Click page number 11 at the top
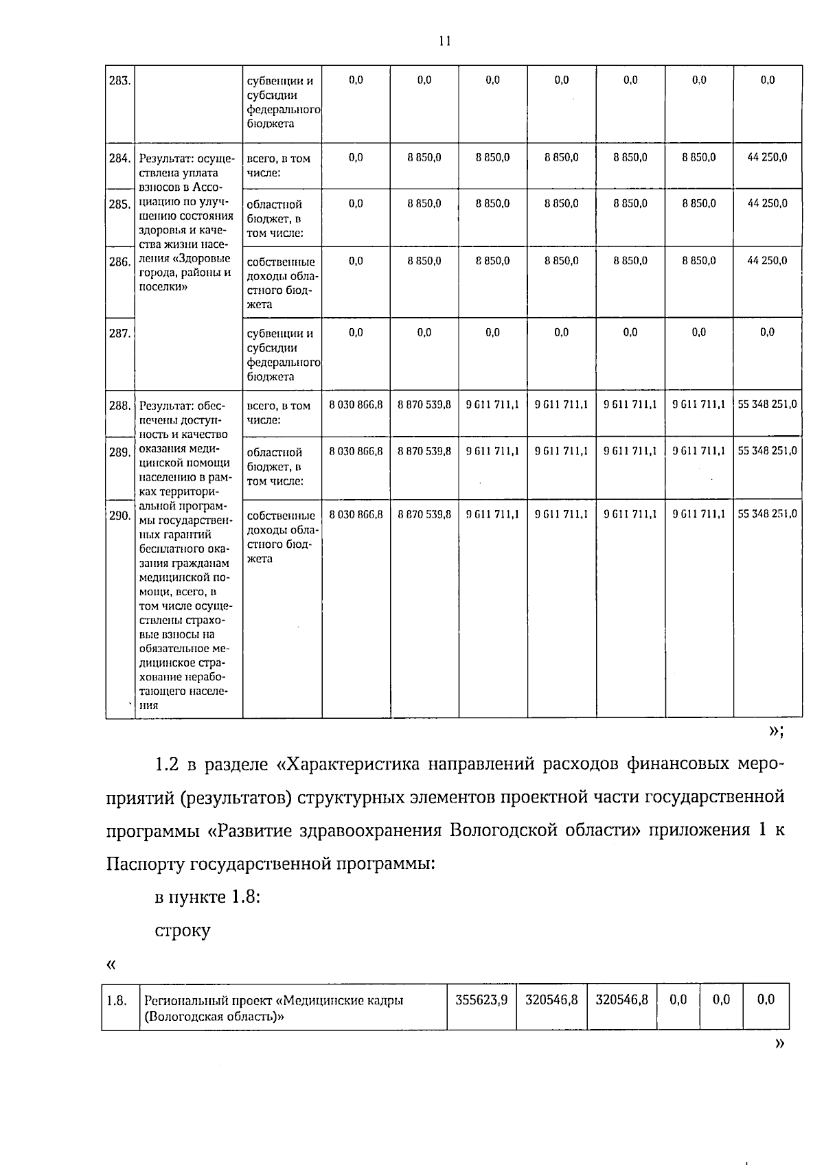(444, 41)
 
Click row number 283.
(120, 81)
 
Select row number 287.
(120, 334)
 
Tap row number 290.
(120, 516)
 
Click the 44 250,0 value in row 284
(767, 157)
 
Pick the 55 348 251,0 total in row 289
(767, 451)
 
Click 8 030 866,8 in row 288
(356, 405)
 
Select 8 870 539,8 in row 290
(424, 514)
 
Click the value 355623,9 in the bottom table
(481, 1000)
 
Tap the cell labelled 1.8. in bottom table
(117, 1000)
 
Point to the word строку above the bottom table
(183, 931)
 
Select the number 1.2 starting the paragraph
(168, 764)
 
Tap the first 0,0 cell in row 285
(356, 204)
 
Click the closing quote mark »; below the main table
(776, 731)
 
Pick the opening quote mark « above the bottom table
(111, 965)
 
